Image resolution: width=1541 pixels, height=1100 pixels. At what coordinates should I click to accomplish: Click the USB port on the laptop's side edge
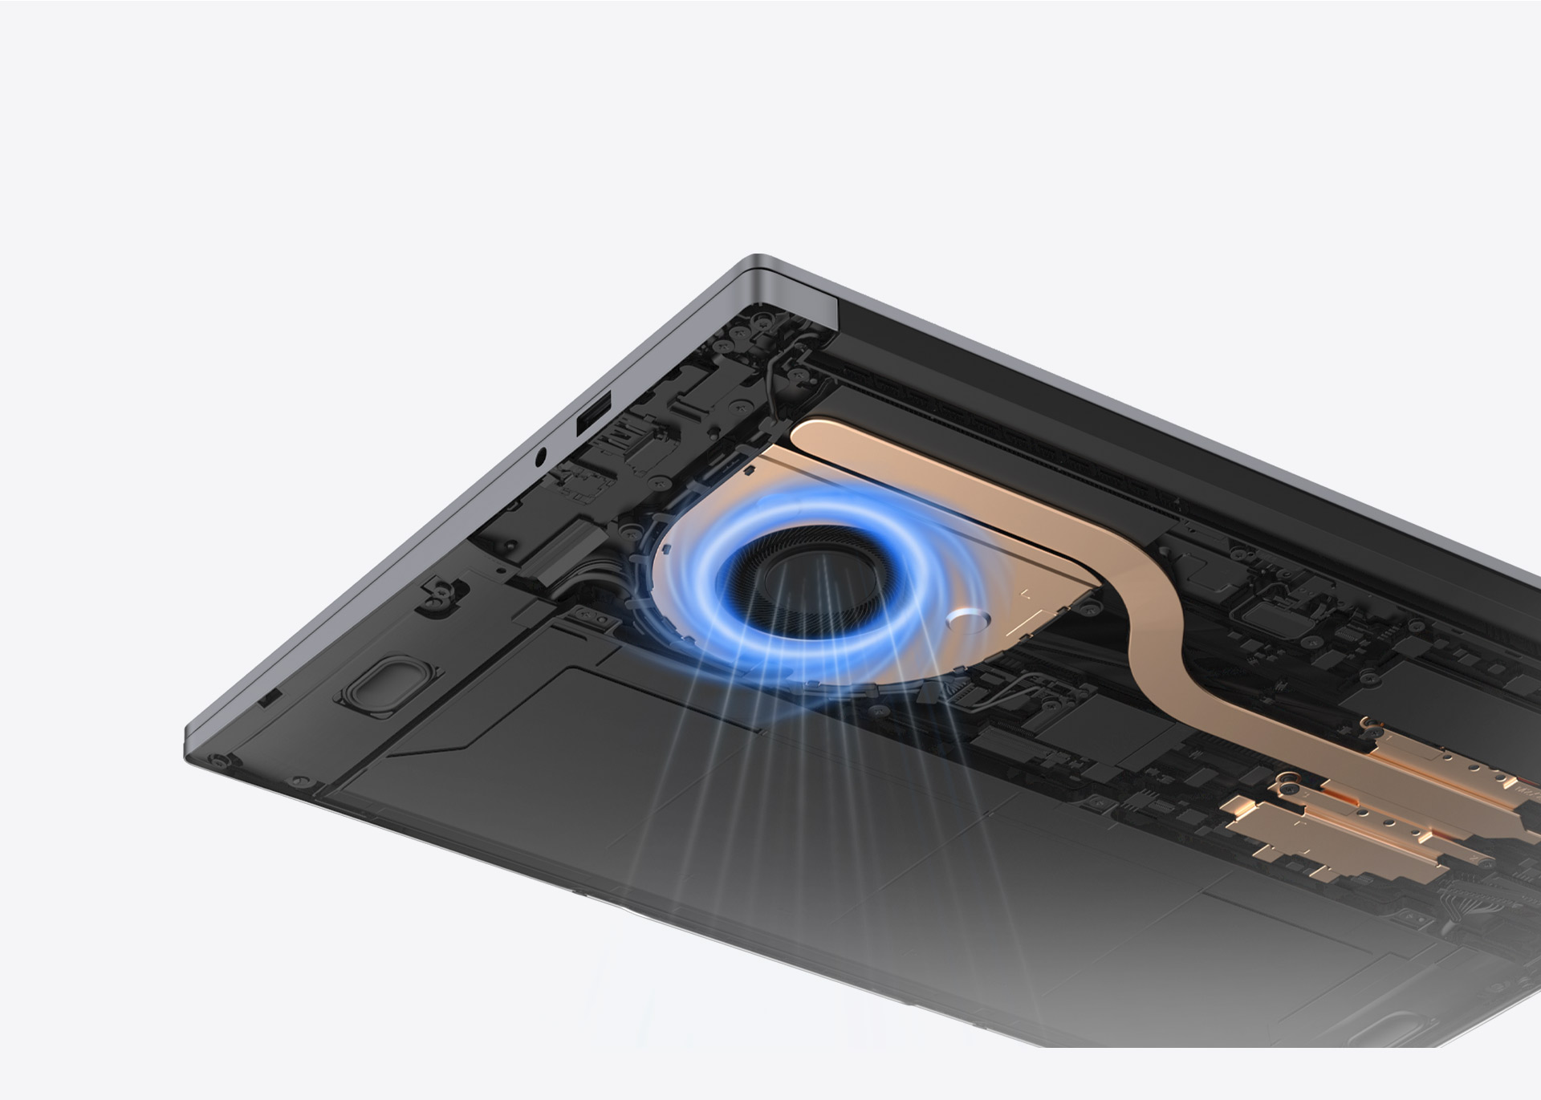pos(593,414)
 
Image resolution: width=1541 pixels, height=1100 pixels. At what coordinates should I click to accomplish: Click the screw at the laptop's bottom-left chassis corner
pos(215,758)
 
